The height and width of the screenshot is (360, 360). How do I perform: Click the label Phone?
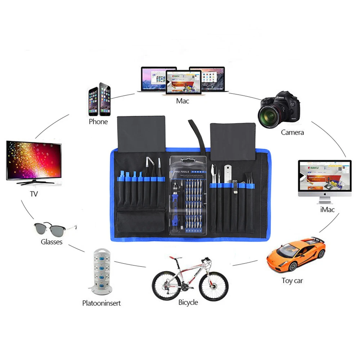pos(98,122)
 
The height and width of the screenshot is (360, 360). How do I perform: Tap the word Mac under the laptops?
pos(183,101)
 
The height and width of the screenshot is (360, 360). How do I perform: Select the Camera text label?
pos(292,132)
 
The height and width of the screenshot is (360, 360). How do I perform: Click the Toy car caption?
pos(292,280)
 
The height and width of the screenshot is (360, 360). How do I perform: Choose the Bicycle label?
pos(188,302)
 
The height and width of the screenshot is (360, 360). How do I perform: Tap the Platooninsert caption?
pos(101,303)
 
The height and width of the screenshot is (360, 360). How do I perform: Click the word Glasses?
pos(51,242)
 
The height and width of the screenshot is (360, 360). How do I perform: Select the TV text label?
pos(34,194)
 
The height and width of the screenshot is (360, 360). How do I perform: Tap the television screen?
pos(34,159)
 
